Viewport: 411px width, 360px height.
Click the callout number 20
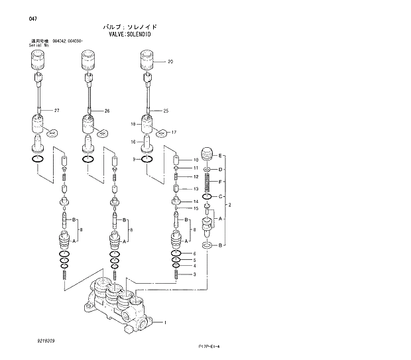pos(170,62)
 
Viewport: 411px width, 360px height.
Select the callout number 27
pos(57,109)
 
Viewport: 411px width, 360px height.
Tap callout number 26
pos(107,110)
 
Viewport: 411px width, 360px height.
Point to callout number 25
pos(166,110)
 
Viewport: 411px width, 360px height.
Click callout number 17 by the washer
pos(174,132)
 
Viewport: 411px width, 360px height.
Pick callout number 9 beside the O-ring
pos(134,160)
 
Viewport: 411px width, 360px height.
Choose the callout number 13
pos(196,189)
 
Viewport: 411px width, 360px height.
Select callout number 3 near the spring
pos(194,274)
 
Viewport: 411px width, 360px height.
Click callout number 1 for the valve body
pos(165,322)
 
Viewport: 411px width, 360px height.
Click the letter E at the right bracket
pos(221,155)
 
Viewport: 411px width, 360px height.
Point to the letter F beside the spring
pos(221,181)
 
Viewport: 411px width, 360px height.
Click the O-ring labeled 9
pos(148,160)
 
